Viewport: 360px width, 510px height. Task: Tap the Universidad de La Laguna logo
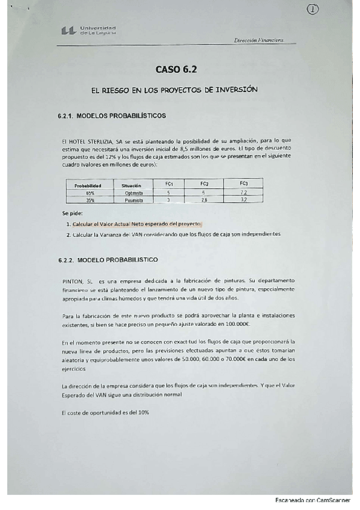point(88,30)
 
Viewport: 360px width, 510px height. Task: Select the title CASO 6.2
point(175,69)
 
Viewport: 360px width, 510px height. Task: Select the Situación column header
point(130,186)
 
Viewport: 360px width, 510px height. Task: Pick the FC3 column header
point(243,183)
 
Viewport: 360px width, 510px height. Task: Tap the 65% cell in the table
point(90,193)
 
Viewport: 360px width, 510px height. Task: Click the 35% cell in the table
point(90,200)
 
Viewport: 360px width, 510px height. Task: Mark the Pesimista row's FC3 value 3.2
point(243,200)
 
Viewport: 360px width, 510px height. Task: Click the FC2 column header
point(204,183)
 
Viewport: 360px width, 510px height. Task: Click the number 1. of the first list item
point(69,224)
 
